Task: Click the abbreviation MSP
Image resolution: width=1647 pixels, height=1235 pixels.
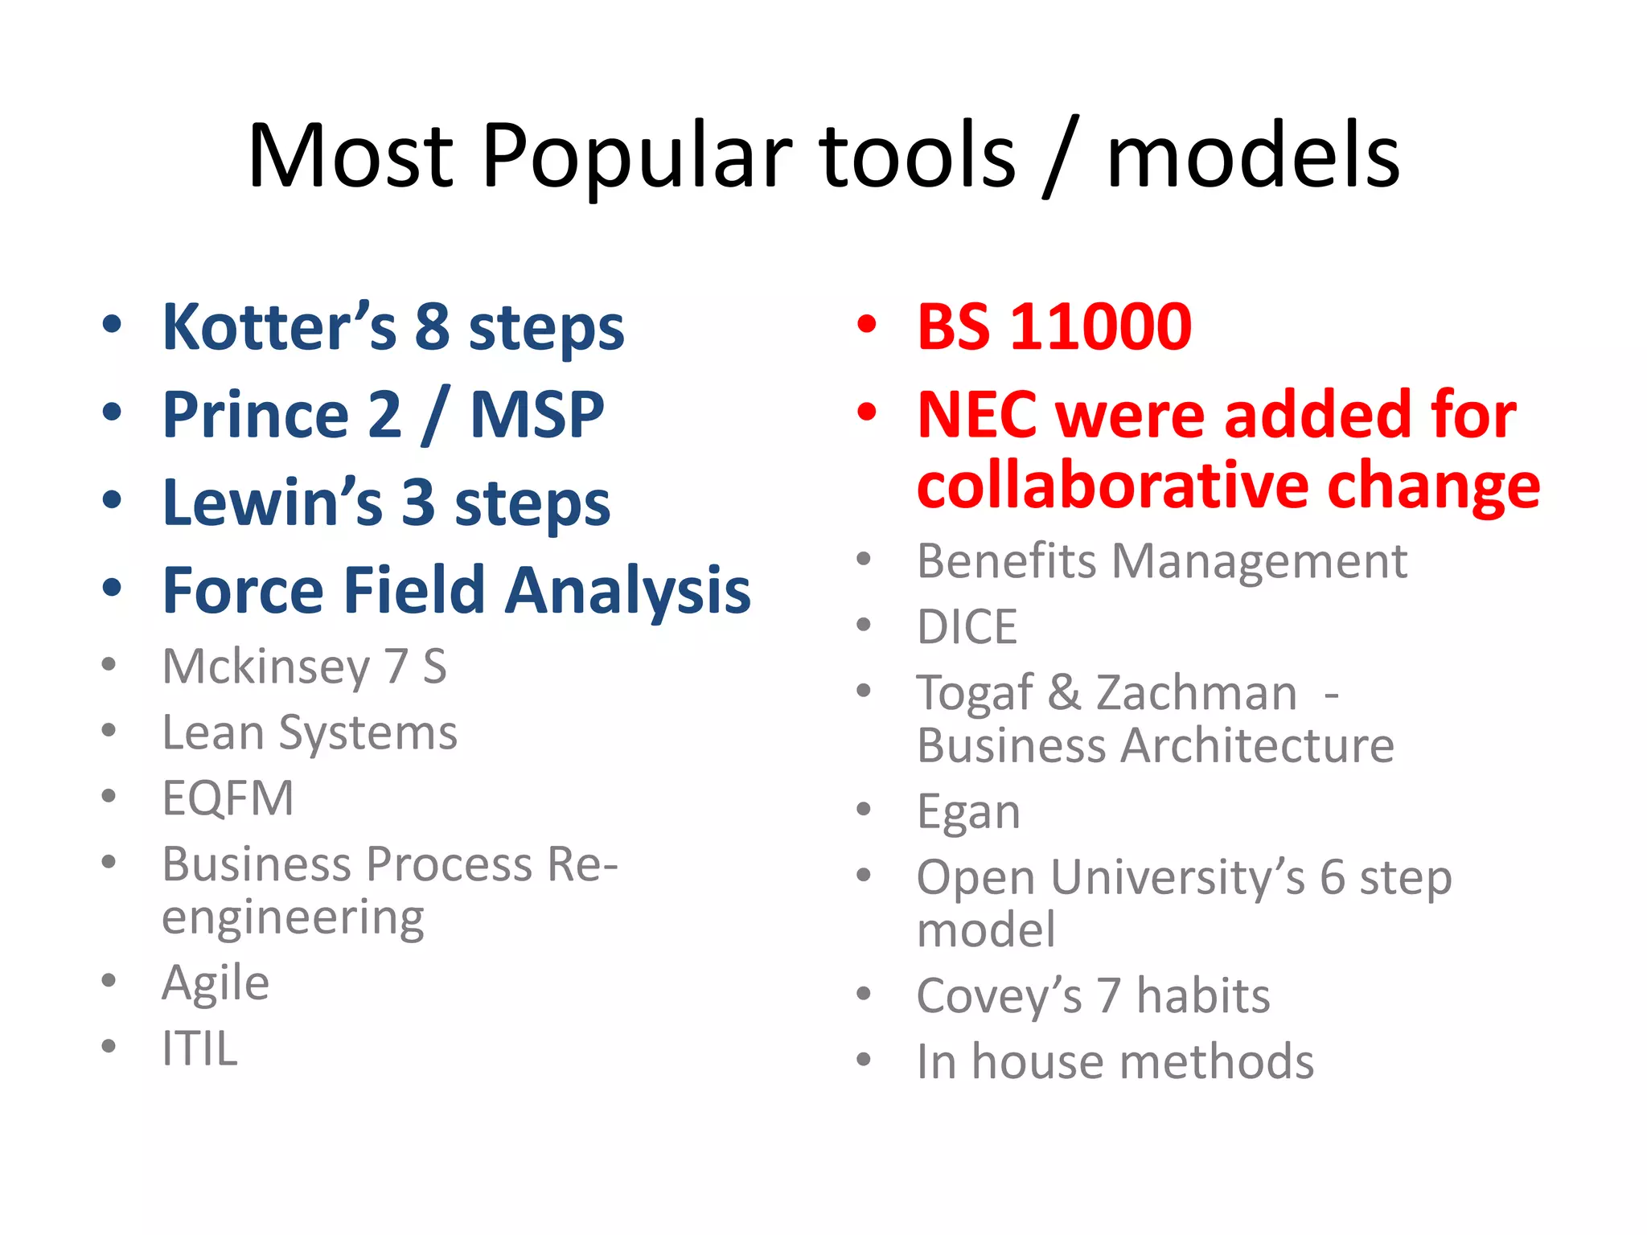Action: [x=536, y=415]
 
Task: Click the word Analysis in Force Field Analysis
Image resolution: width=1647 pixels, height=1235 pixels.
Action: [x=628, y=591]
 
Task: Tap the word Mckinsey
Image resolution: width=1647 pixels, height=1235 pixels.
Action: [x=265, y=667]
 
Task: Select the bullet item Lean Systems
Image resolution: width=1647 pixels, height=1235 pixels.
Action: [x=310, y=733]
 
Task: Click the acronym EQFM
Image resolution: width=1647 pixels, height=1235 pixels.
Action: [x=228, y=798]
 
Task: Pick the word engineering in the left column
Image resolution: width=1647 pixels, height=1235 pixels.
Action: [x=293, y=918]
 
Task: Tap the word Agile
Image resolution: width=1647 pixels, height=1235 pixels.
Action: [x=216, y=983]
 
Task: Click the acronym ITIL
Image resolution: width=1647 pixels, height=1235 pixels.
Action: [x=199, y=1049]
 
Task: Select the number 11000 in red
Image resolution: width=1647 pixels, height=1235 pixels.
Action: [x=1100, y=327]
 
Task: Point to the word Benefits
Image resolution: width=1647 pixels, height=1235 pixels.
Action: [x=1006, y=560]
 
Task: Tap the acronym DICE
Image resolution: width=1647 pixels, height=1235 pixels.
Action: [x=967, y=627]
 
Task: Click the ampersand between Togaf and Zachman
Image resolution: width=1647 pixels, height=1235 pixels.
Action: [x=1064, y=692]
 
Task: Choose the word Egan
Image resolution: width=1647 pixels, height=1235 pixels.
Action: [x=968, y=812]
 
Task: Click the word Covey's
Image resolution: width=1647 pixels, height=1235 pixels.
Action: [x=999, y=996]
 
